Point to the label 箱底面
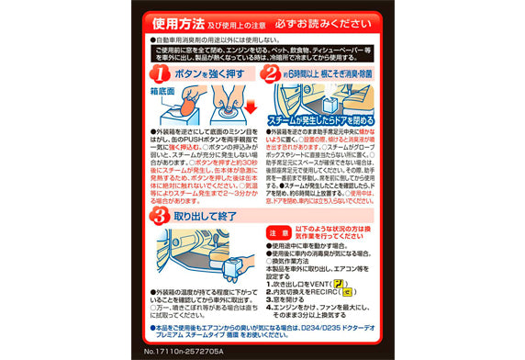click(162, 93)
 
